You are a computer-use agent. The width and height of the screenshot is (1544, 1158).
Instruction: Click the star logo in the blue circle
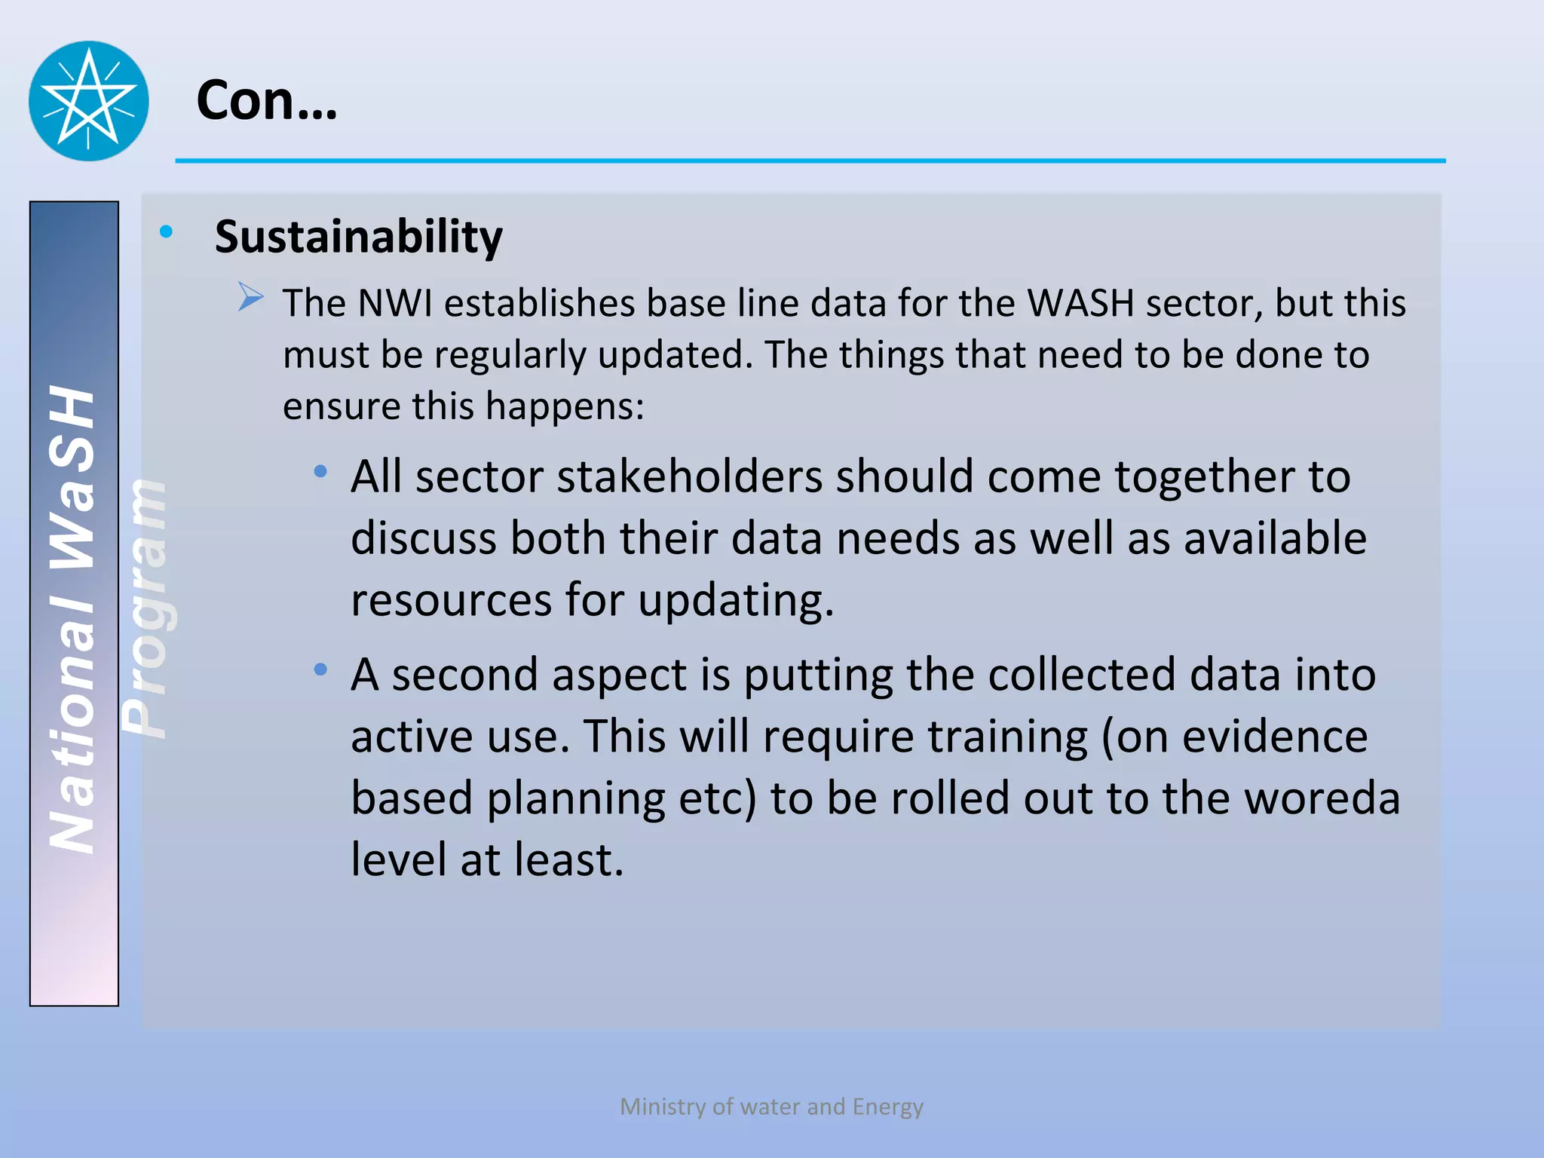coord(89,100)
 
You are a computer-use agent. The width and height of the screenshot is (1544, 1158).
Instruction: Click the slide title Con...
coord(265,100)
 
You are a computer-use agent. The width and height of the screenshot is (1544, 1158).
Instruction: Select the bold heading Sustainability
coord(358,237)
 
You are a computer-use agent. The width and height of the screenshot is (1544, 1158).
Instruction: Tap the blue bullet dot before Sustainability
coord(167,231)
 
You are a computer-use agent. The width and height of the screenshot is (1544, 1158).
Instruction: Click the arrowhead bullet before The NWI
coord(250,297)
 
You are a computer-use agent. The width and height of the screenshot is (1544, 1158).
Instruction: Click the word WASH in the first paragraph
coord(1080,304)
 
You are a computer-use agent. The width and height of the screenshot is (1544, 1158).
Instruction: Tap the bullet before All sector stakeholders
coord(321,472)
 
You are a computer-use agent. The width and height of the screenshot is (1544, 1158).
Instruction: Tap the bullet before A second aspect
coord(321,669)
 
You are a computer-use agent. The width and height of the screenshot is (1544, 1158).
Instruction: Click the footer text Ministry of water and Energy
coord(771,1106)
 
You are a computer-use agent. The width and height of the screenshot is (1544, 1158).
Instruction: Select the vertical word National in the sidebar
coord(72,728)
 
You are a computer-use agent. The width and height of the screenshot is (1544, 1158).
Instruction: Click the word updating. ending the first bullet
coord(735,601)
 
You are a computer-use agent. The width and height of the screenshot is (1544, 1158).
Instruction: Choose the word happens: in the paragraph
coord(565,406)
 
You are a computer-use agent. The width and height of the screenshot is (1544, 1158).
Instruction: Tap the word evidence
coord(1274,737)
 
